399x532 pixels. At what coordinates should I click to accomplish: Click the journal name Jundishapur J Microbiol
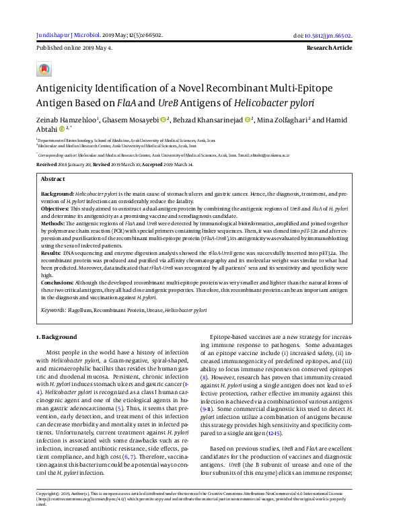(67, 35)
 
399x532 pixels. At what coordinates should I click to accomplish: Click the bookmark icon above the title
(44, 69)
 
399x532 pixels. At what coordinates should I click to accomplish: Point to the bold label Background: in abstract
(57, 192)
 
